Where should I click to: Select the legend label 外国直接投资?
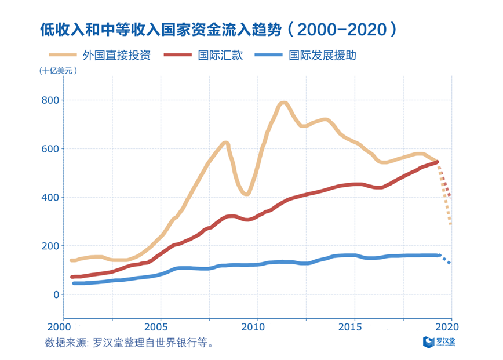pos(116,55)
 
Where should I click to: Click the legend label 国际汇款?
pos(221,55)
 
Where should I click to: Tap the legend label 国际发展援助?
pos(323,55)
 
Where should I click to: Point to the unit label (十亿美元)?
pos(58,71)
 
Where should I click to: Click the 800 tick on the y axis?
pos(51,100)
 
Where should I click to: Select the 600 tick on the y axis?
pos(51,149)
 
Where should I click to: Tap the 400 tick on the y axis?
pos(51,198)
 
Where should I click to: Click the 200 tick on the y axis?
pos(51,246)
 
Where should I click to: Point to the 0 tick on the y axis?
pos(56,294)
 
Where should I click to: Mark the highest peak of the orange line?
pos(283,104)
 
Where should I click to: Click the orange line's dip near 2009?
pos(246,194)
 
